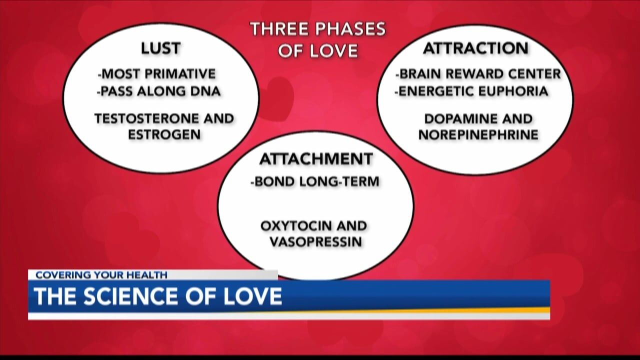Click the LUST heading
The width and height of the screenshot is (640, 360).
coord(161,48)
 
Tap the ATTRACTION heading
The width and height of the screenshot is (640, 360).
coord(475,48)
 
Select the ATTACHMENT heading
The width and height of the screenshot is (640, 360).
coord(316,159)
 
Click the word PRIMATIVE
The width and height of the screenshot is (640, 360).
coord(180,74)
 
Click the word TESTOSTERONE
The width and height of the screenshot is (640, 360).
coord(147,118)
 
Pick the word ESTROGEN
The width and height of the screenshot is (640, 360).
coord(164,134)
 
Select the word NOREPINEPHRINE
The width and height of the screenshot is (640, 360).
coord(478,135)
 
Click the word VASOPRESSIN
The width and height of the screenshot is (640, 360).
coord(316,242)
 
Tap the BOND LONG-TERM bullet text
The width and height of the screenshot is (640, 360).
coord(315,181)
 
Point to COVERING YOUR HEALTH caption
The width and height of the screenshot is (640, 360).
coord(101,275)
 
